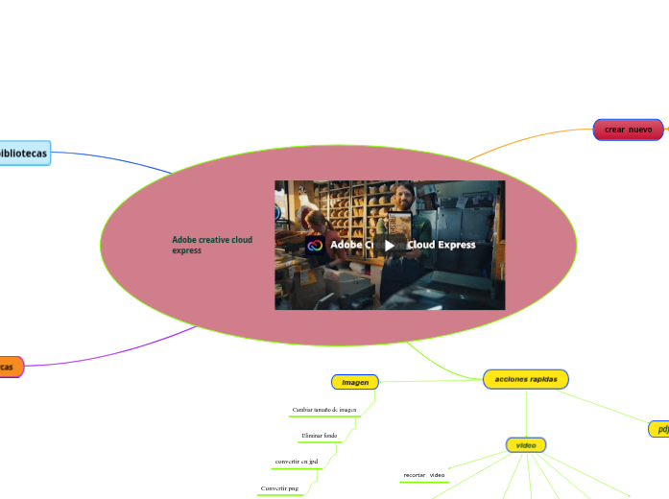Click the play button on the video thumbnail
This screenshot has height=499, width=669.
tap(390, 245)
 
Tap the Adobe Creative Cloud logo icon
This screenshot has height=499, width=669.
tap(315, 245)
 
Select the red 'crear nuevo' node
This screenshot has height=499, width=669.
tap(628, 130)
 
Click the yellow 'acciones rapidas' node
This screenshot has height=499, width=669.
tap(526, 379)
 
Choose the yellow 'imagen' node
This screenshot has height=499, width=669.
tap(355, 382)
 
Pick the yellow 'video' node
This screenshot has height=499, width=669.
tap(526, 445)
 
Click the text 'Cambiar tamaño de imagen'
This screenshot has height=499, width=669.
tap(324, 410)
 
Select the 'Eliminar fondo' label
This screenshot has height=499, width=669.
tap(319, 436)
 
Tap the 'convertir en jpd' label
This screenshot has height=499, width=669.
tap(297, 462)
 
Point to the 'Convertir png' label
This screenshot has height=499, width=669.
tap(280, 488)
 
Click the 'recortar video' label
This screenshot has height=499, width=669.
tap(423, 475)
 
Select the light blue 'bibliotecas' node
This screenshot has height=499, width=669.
tap(24, 153)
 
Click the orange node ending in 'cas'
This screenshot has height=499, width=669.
tap(10, 367)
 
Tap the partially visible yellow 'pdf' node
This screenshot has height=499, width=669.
tap(659, 429)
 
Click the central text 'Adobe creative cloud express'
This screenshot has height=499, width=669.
tap(212, 245)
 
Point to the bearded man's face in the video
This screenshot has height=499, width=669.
tap(403, 197)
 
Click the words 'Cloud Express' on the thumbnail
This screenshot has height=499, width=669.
tap(442, 245)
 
